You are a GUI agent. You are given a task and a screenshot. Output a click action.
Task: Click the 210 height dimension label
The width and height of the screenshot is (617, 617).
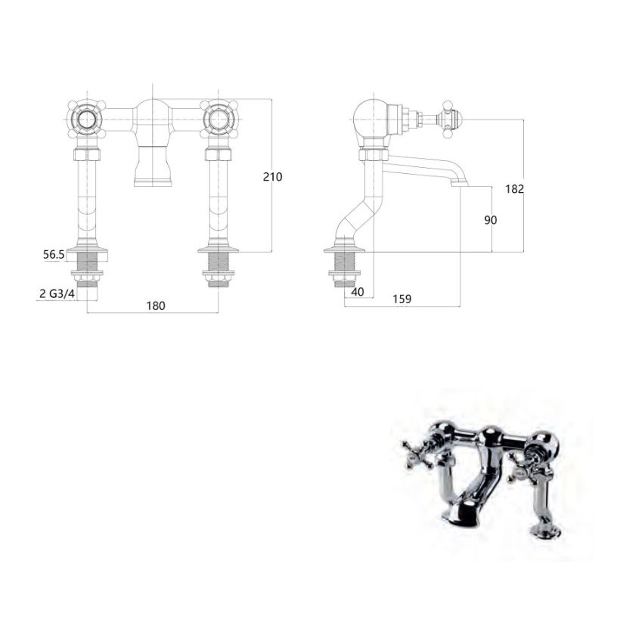(x=273, y=177)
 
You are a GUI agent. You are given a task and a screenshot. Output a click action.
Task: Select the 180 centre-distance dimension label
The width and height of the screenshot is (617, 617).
(x=156, y=305)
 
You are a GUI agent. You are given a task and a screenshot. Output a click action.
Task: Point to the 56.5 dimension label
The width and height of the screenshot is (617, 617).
(x=54, y=255)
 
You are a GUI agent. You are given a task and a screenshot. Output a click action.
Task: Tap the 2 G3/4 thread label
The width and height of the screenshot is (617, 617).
(x=57, y=293)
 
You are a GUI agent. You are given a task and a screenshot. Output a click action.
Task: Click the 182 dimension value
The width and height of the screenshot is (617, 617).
(x=515, y=189)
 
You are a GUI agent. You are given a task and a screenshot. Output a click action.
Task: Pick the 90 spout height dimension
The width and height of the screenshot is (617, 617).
(x=491, y=220)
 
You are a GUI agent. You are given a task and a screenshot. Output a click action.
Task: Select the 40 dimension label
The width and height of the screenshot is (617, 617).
(x=358, y=292)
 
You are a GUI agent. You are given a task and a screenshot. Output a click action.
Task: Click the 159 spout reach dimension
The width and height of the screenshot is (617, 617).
(x=402, y=299)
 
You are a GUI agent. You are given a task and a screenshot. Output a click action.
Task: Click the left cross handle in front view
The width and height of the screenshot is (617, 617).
(x=86, y=119)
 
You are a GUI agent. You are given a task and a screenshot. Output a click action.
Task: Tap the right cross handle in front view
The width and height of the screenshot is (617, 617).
(x=218, y=119)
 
